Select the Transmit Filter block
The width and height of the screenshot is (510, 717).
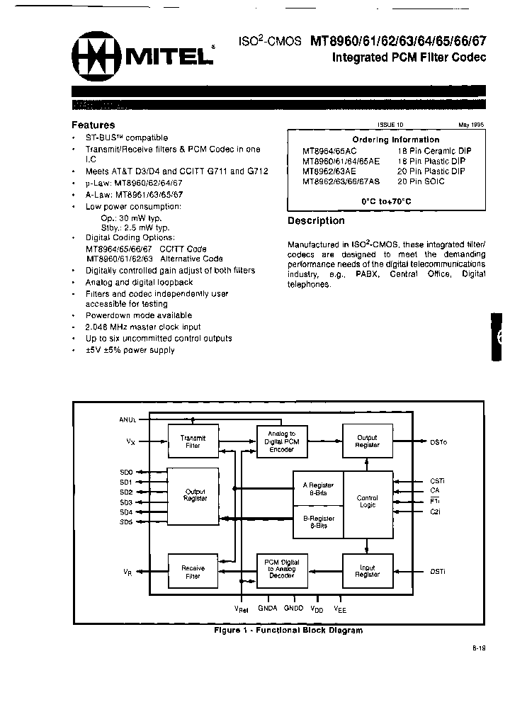pos(193,441)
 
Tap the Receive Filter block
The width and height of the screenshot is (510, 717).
pos(193,572)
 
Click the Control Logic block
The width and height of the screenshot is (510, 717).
pos(368,502)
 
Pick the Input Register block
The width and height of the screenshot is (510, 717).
pos(368,571)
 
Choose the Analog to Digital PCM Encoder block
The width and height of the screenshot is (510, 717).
pos(281,441)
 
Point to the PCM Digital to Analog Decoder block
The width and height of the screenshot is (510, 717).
pos(281,570)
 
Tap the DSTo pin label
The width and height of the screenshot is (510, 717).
pos(438,442)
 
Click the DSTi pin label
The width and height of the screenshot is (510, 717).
pos(438,571)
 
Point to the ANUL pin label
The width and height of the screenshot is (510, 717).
pos(127,419)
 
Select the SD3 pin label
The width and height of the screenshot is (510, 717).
pos(126,502)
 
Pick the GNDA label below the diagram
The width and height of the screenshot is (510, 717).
pos(268,608)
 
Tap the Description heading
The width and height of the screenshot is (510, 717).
pos(316,221)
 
